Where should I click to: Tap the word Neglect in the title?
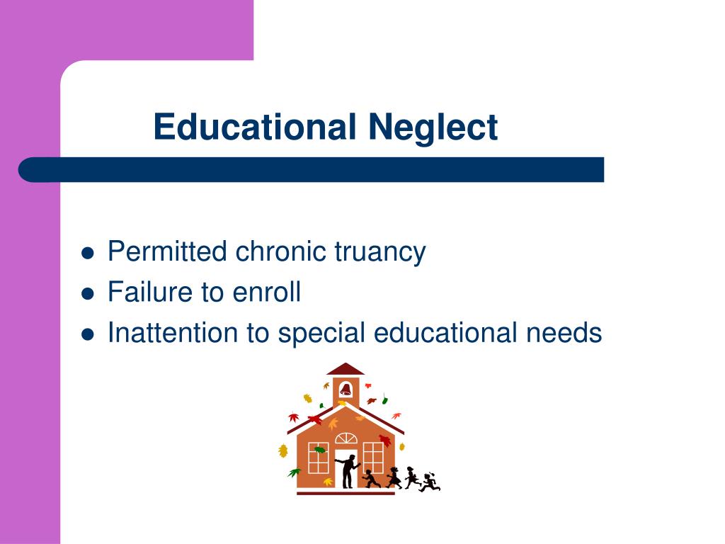433,127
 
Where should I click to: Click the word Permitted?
167,251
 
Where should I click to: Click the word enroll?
266,292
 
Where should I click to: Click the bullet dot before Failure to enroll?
89,293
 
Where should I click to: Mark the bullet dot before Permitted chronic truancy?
89,253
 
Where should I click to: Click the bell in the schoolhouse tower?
346,389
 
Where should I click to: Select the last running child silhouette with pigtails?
430,482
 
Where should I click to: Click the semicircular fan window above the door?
346,438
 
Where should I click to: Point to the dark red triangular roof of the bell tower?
346,369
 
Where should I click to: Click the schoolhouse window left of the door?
319,458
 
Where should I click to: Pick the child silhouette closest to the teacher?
371,479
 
